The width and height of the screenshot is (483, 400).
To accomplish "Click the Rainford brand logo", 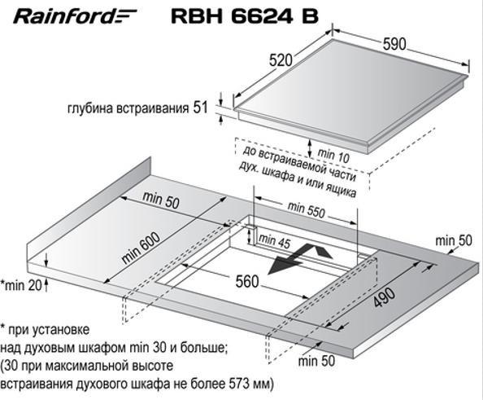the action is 75,16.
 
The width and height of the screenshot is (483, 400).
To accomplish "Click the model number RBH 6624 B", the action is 245,16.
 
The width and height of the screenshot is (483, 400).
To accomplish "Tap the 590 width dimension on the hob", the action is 394,44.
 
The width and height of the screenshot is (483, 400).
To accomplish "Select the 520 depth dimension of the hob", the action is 281,60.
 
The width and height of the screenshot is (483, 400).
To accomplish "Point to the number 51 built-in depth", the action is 201,108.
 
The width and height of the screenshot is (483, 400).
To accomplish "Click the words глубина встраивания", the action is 128,108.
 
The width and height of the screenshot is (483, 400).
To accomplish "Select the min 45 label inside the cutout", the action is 275,241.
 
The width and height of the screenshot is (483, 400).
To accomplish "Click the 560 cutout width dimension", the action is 247,282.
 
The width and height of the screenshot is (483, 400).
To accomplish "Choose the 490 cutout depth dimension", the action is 384,298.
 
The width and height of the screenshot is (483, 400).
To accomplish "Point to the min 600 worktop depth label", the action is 141,248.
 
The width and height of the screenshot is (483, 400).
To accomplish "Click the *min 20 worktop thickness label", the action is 22,285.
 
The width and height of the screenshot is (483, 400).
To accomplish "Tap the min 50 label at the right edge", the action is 454,240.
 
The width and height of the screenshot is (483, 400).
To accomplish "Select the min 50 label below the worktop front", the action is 316,361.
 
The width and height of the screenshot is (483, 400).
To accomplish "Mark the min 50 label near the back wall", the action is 161,200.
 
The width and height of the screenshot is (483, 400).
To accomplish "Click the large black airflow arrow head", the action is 284,264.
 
